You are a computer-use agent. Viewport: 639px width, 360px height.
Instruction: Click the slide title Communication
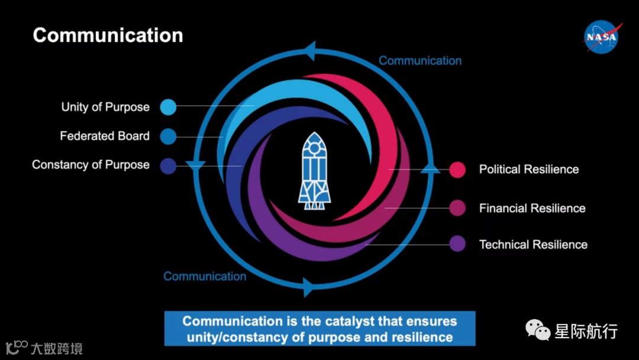click(108, 35)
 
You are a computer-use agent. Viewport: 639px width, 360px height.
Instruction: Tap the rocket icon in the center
click(314, 171)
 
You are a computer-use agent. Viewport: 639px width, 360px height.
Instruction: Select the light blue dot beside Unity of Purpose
click(168, 107)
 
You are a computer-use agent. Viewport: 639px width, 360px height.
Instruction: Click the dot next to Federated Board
click(168, 136)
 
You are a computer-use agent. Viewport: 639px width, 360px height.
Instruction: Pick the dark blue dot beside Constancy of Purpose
click(168, 165)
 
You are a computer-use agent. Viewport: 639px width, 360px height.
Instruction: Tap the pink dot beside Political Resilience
click(457, 169)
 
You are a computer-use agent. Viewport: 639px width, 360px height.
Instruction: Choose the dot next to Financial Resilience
click(457, 208)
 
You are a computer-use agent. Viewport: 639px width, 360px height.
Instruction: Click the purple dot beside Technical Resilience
click(457, 244)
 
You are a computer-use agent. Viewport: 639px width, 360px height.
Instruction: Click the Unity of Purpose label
click(105, 107)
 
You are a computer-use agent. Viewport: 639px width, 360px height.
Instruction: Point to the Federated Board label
click(105, 136)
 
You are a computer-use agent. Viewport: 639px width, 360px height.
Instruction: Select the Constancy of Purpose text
click(91, 165)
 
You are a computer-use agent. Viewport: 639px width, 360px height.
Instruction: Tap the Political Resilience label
click(529, 169)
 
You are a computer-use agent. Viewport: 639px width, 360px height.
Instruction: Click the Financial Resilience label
click(532, 208)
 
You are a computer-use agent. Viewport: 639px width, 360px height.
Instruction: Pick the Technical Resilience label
click(533, 245)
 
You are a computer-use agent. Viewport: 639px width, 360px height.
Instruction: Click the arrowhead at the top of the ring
click(311, 51)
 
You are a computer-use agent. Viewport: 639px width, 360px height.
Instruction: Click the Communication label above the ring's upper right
click(420, 60)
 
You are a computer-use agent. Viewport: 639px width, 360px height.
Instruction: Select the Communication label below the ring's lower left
click(205, 277)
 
